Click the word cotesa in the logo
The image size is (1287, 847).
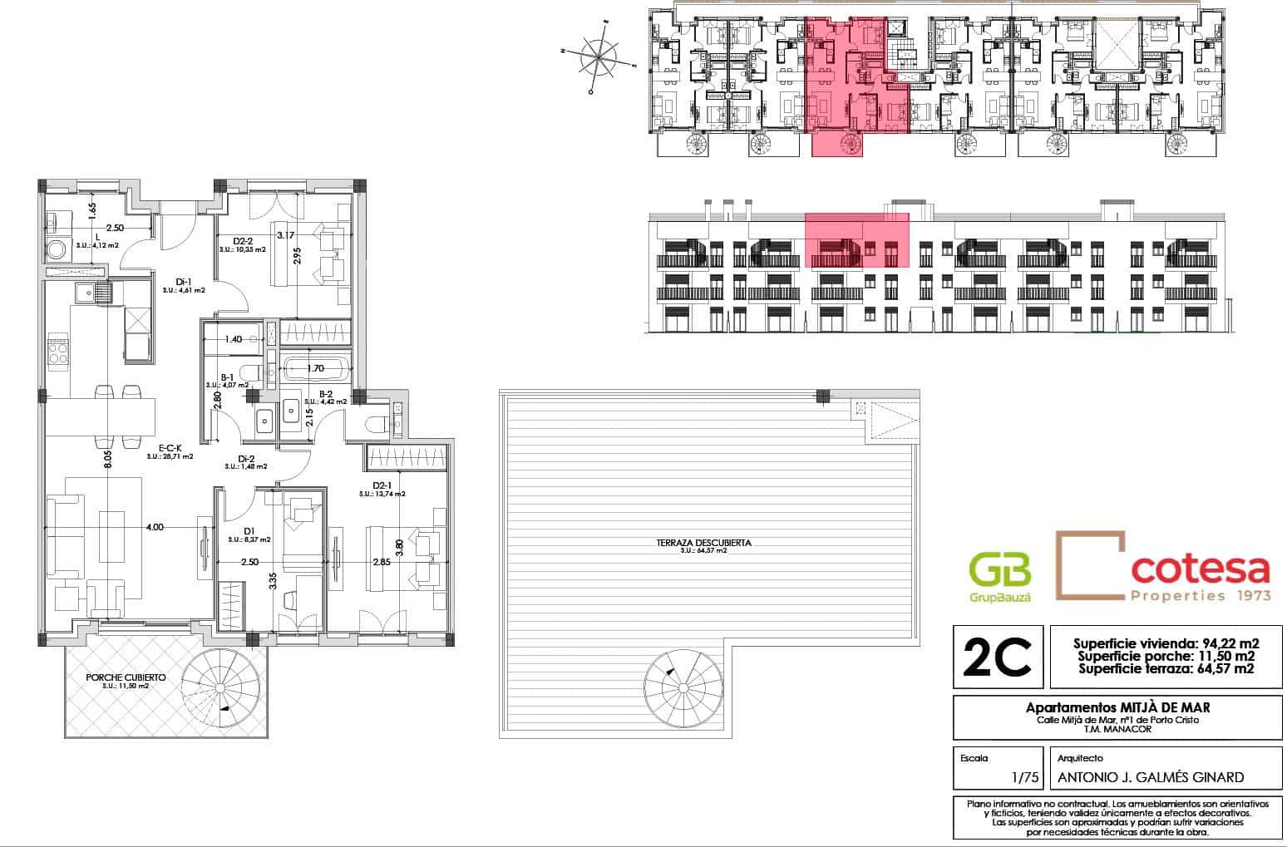click(x=1200, y=569)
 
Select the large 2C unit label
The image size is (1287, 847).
click(x=997, y=657)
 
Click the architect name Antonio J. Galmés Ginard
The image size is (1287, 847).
click(x=1150, y=778)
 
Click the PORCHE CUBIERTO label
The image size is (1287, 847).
click(x=126, y=677)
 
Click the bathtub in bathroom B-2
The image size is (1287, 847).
click(x=316, y=369)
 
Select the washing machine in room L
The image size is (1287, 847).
click(x=57, y=249)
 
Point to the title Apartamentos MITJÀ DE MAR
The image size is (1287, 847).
click(x=1117, y=707)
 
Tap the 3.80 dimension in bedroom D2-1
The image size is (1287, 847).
click(x=400, y=548)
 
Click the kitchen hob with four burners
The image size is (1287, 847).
click(x=58, y=352)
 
